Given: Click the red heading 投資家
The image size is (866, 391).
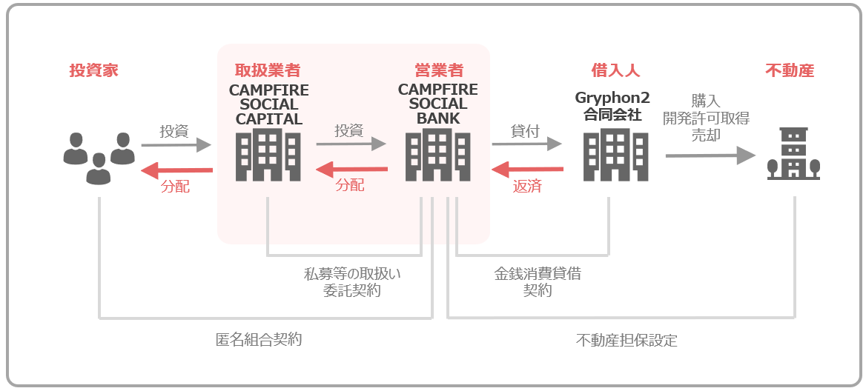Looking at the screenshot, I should [x=93, y=71].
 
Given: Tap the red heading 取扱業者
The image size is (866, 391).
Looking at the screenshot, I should [x=268, y=71].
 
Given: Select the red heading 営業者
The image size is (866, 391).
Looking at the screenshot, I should [x=438, y=71].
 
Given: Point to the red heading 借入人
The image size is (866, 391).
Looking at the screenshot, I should [x=615, y=71].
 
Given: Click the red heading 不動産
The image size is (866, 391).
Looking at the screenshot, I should [x=790, y=71].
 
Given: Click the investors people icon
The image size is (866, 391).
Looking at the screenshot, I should [x=98, y=158].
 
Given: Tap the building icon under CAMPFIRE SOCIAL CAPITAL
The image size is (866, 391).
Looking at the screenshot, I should [x=268, y=156].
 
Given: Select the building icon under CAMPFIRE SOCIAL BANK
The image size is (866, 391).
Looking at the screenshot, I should [x=438, y=156].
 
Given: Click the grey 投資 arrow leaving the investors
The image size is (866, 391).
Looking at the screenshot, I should [x=176, y=145].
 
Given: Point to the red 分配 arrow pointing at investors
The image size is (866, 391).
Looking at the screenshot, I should [x=176, y=171].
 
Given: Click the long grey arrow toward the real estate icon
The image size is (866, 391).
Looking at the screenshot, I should [x=710, y=156].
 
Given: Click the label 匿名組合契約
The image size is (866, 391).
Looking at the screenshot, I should [x=259, y=340].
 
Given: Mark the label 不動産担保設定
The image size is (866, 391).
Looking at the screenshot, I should [x=627, y=341].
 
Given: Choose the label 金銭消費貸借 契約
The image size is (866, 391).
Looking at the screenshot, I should [x=538, y=282].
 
